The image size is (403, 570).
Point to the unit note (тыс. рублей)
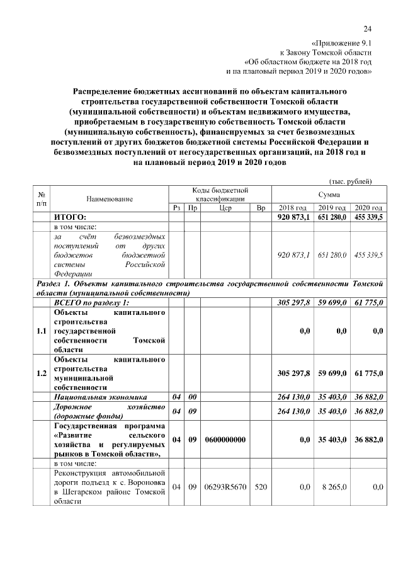[351, 181]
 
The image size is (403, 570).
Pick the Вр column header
[261, 208]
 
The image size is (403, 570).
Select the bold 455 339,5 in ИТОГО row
[368, 217]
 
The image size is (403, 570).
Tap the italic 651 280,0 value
[331, 255]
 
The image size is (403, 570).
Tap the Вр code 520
[261, 486]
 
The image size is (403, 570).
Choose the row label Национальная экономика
[101, 397]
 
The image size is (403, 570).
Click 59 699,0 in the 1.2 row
[331, 373]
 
